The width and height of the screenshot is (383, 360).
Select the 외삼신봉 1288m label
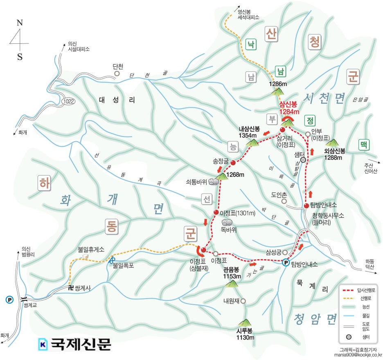tap(334, 154)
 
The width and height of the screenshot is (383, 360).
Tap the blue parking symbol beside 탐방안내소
tap(286, 263)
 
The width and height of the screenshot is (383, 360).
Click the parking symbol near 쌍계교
tap(9, 299)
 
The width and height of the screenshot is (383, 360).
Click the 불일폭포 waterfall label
tap(123, 265)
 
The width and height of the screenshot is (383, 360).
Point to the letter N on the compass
tap(19, 23)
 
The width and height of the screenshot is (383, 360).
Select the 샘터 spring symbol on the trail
tap(303, 160)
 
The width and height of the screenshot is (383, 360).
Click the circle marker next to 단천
tap(117, 74)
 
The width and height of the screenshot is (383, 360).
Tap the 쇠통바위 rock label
tap(196, 181)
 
